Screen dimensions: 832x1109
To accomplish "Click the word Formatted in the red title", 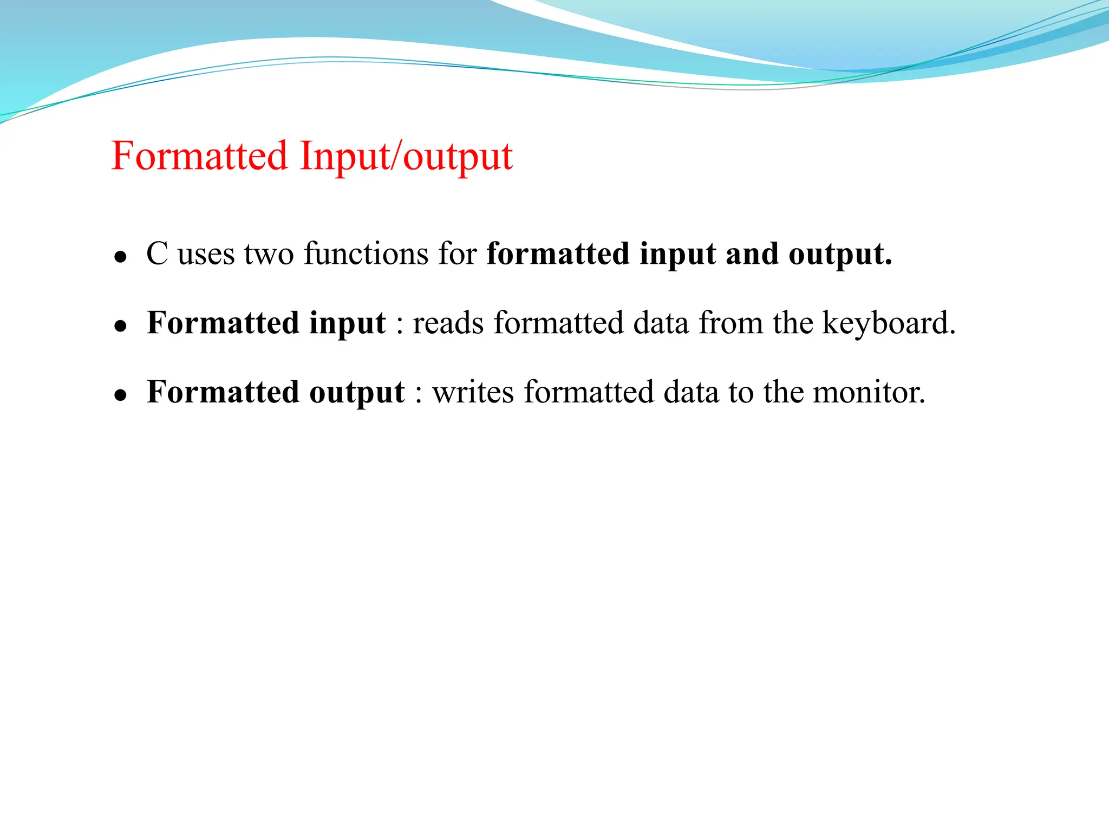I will click(199, 156).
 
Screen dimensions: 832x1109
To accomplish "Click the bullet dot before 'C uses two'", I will click(120, 257).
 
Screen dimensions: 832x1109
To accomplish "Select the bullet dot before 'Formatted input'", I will click(120, 326).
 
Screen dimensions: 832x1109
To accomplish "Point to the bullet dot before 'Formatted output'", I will click(120, 395).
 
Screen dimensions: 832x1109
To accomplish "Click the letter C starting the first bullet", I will click(157, 253).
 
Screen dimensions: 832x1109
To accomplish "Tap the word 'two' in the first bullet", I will click(269, 253).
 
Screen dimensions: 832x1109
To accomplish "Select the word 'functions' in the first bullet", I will click(366, 253).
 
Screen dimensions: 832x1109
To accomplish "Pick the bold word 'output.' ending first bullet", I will click(840, 255).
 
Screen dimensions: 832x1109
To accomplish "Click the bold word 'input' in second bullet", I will click(347, 324).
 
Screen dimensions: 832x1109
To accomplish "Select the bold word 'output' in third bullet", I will click(357, 393).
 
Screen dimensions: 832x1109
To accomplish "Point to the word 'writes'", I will click(473, 392).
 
